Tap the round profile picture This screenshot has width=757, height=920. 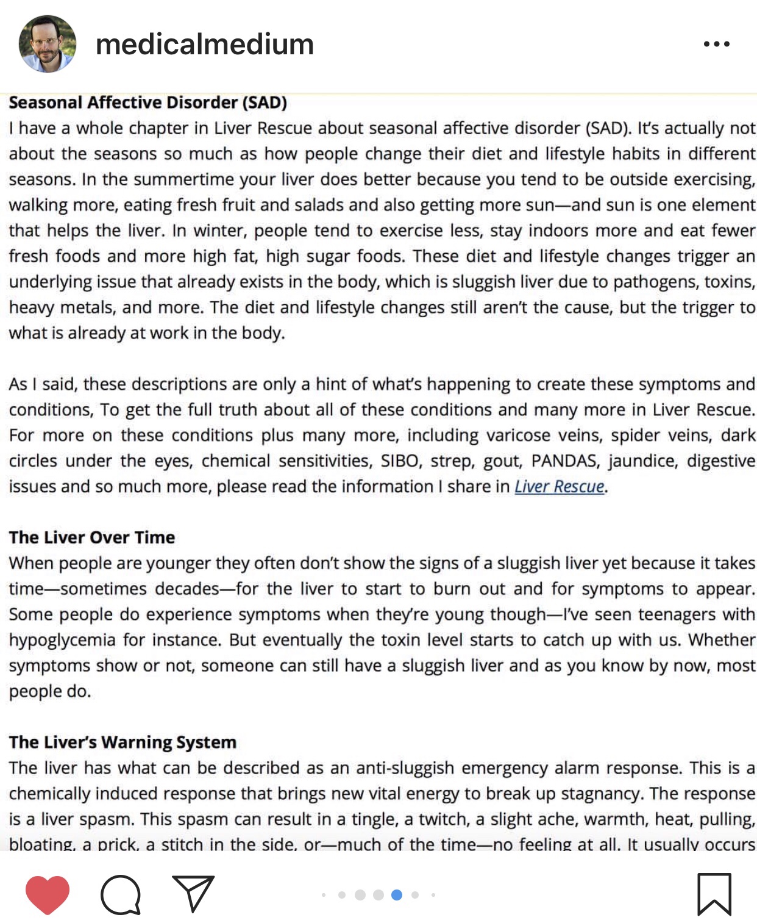tap(48, 44)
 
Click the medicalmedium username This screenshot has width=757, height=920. tap(205, 45)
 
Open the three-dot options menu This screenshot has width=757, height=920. tap(716, 44)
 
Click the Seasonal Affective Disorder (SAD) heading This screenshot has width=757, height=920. tap(147, 102)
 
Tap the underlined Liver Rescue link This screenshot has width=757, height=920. tap(560, 486)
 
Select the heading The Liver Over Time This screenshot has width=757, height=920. tap(92, 537)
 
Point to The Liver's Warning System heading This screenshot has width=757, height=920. tap(123, 742)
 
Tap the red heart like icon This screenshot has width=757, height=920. tap(48, 894)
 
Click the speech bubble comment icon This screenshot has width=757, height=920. tap(121, 894)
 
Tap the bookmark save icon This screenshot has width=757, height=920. tap(714, 894)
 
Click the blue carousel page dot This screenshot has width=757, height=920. tap(397, 895)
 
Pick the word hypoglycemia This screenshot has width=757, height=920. tap(62, 640)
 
